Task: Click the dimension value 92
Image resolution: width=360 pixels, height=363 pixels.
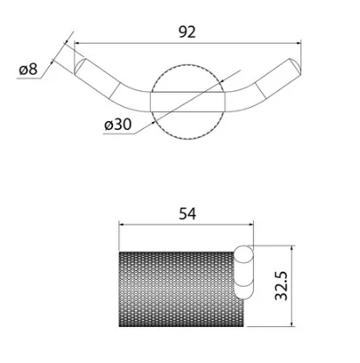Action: tap(187, 32)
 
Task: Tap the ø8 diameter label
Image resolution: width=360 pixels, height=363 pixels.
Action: tap(28, 69)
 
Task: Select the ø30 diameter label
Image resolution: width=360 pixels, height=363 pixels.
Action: tap(117, 125)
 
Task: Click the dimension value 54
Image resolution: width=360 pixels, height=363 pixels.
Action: tap(187, 214)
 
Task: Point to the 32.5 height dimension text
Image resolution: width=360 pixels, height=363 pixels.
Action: tap(281, 286)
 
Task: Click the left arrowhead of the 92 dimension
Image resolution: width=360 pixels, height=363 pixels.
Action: tap(77, 43)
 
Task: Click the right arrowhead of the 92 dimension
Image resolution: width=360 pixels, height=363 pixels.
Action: tap(298, 43)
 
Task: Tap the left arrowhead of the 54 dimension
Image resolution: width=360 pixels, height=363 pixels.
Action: tap(122, 224)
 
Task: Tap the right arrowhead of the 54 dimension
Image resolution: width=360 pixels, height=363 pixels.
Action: tap(251, 224)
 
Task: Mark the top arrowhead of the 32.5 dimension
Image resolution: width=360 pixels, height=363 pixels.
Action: tap(291, 248)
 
